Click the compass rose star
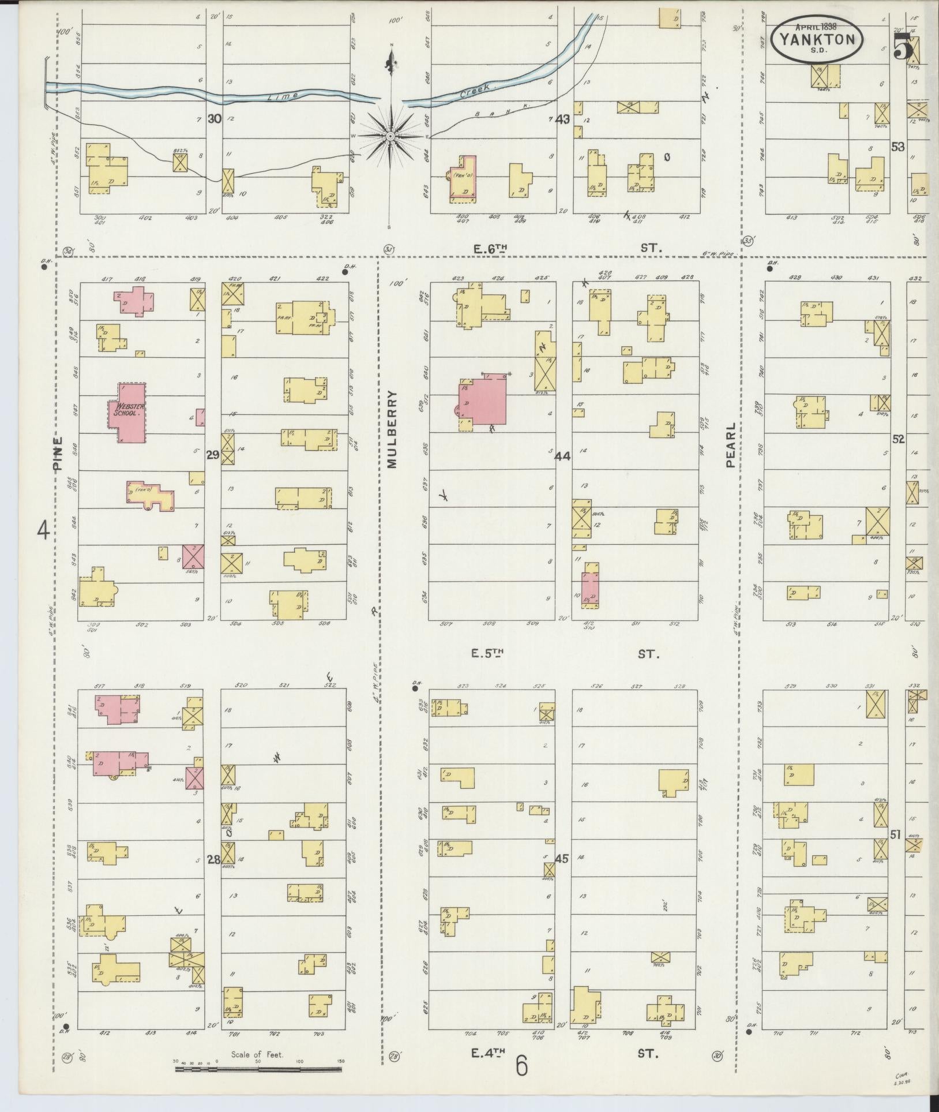pyautogui.click(x=390, y=136)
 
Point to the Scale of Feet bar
pyautogui.click(x=258, y=1069)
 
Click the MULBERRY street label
pyautogui.click(x=392, y=429)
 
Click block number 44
pyautogui.click(x=562, y=456)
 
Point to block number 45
pyautogui.click(x=561, y=859)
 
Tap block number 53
pyautogui.click(x=897, y=147)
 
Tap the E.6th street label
pyautogui.click(x=490, y=248)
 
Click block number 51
pyautogui.click(x=896, y=834)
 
